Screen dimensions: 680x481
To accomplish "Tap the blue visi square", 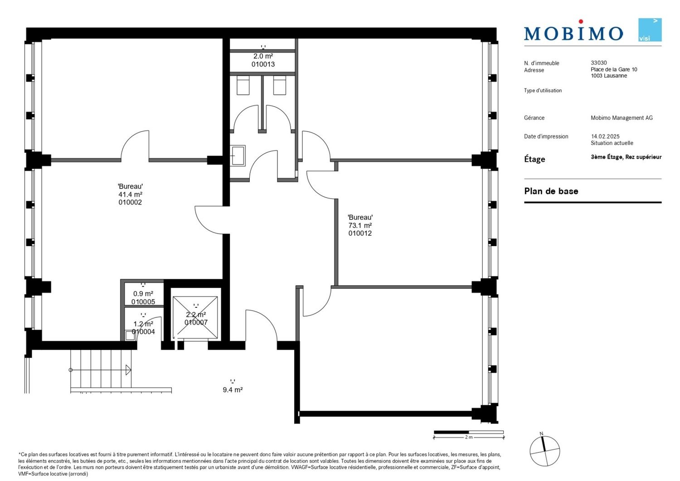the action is coord(650,30).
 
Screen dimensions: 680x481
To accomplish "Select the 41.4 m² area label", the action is coord(130,194).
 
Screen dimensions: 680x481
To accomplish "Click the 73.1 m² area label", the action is coord(360,225).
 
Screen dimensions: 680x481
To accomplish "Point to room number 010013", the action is coord(263,64).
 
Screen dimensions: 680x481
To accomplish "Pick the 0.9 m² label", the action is coord(143,294).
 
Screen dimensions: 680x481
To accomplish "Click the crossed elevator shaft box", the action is coord(195,317).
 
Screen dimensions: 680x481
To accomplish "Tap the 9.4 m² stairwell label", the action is coord(233,389).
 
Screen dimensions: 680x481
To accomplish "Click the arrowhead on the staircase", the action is coord(128,370).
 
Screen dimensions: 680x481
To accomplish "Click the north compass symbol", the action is coord(544,451).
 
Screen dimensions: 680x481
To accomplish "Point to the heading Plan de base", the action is coord(551,191).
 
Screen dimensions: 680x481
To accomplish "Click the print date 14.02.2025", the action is coord(605,136).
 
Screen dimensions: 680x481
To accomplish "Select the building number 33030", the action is coord(599,63).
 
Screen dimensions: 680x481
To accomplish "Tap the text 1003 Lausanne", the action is coord(609,76).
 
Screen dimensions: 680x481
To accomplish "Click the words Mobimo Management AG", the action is coord(622,118).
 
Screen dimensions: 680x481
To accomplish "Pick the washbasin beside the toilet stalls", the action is coord(238,156).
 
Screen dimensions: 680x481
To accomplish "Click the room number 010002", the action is coord(130,202).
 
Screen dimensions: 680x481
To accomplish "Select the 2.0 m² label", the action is coord(263,56).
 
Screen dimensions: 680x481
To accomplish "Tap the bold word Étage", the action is coord(534,159).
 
